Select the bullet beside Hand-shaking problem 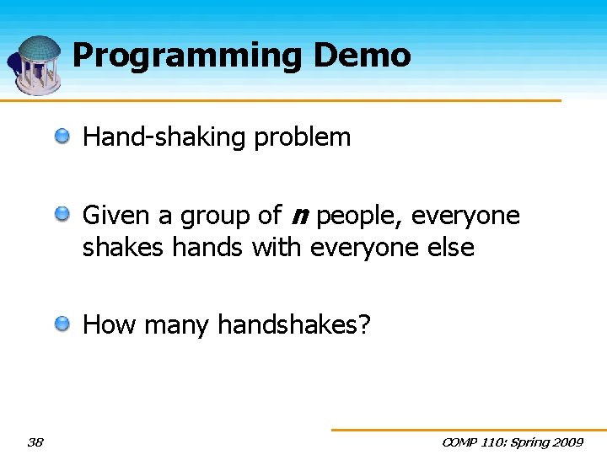(x=63, y=136)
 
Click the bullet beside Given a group (x=63, y=215)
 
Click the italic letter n (x=298, y=217)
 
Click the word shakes (x=123, y=248)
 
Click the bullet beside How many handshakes (x=63, y=323)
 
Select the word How (x=109, y=324)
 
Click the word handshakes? (x=294, y=324)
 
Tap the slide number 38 (x=35, y=442)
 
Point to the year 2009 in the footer (x=567, y=442)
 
